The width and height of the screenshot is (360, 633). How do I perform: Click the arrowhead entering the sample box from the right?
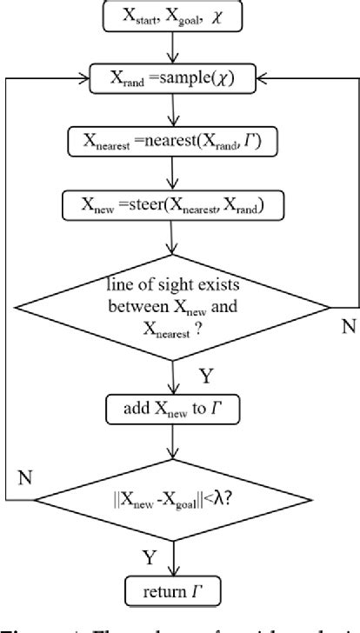[x=263, y=77]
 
